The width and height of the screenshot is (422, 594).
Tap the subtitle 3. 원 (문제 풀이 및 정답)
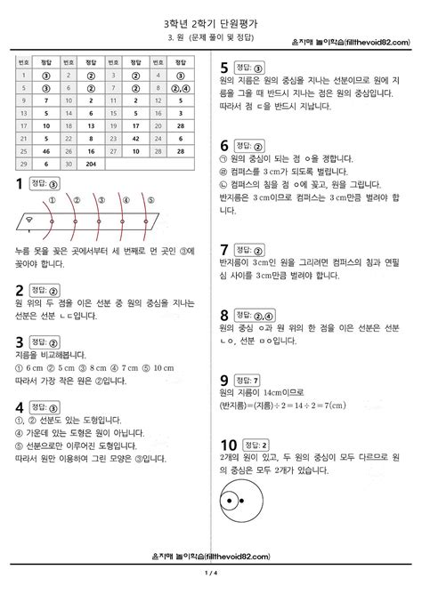click(x=210, y=39)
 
